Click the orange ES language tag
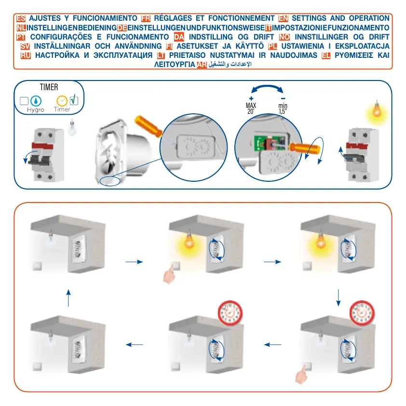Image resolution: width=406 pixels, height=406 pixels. [21, 19]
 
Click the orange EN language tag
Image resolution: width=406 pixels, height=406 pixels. [284, 19]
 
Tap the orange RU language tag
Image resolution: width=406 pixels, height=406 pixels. [26, 55]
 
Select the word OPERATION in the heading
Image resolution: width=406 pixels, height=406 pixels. [368, 19]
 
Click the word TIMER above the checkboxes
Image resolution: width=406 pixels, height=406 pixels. [49, 87]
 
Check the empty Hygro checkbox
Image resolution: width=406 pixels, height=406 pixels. [24, 101]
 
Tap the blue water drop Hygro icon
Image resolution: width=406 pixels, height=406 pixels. [36, 101]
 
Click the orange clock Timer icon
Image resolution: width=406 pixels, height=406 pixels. [62, 101]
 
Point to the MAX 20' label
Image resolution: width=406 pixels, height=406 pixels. [251, 108]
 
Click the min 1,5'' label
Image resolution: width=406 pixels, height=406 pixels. [283, 108]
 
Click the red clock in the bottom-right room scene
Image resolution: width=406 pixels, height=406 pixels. [361, 311]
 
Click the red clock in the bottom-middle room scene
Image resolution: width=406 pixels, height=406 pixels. [230, 312]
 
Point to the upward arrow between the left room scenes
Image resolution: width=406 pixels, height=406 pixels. [68, 298]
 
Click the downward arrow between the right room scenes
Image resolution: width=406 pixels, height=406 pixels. [338, 297]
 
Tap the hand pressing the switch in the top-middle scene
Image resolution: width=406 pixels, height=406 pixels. [169, 273]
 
